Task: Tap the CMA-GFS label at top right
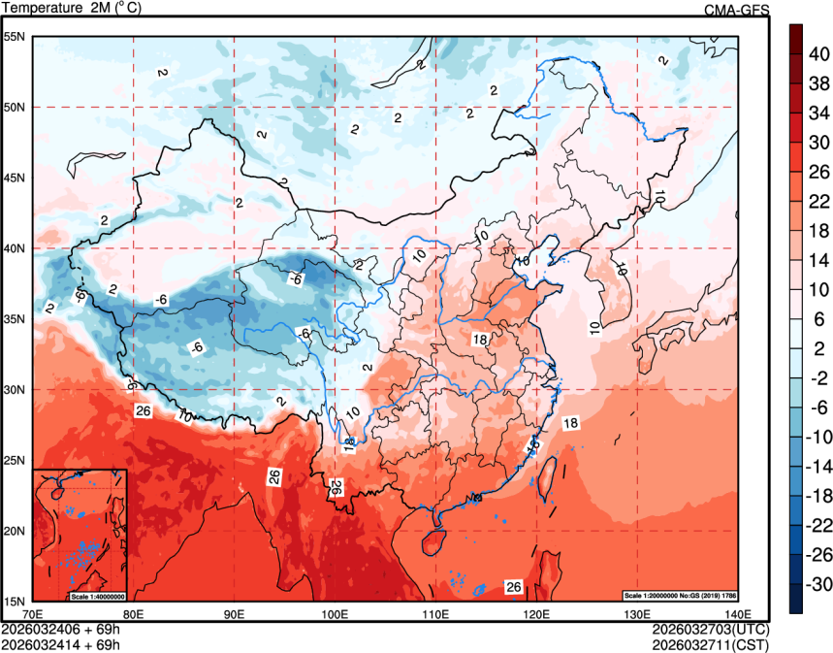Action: pos(736,9)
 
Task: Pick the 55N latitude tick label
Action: pos(14,37)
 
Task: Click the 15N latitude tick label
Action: pos(14,601)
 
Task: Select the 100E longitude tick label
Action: pos(335,613)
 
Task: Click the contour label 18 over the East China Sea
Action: pos(570,423)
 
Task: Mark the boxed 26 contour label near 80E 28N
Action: pos(143,411)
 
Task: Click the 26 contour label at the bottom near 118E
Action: pos(514,587)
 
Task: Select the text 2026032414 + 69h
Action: pos(60,643)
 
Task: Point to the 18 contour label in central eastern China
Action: pos(479,340)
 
